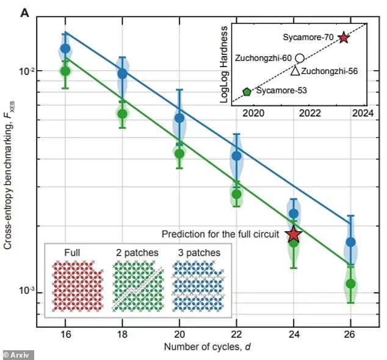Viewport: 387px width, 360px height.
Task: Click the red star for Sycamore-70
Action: click(x=344, y=37)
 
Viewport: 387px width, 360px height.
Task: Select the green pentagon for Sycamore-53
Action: click(x=247, y=92)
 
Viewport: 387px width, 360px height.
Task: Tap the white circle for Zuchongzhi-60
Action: click(x=300, y=58)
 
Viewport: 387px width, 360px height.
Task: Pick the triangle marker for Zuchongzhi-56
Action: click(x=295, y=71)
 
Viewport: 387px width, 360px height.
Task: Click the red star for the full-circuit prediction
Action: click(x=294, y=234)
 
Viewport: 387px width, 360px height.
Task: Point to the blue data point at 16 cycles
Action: click(x=65, y=49)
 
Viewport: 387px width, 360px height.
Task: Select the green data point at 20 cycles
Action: click(x=179, y=153)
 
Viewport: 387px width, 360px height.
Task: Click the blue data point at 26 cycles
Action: click(x=351, y=242)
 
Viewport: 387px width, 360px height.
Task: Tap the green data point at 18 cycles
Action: click(x=122, y=113)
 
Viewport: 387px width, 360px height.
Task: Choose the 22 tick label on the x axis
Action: click(x=236, y=335)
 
